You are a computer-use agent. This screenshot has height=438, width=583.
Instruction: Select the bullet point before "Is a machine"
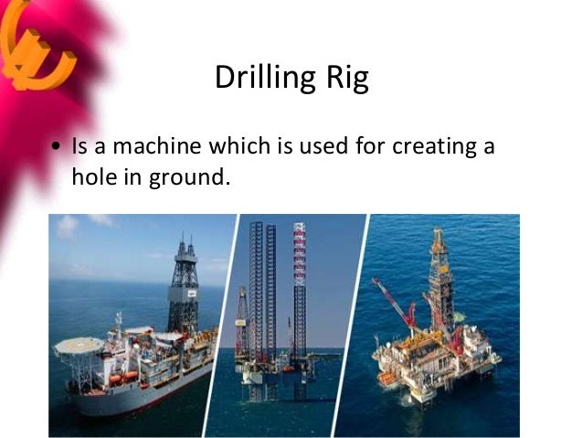click(x=57, y=147)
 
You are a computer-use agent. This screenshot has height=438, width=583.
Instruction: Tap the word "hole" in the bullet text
click(x=94, y=176)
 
